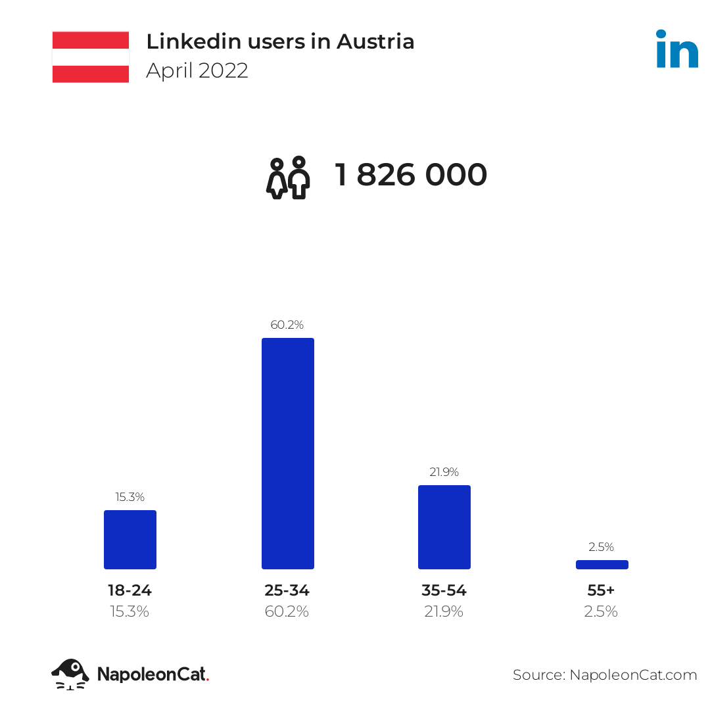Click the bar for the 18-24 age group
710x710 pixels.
point(130,539)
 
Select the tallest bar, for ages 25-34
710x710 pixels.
point(287,453)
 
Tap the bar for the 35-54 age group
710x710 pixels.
point(444,527)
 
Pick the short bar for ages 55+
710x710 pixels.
point(602,564)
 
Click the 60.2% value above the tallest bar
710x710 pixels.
point(287,325)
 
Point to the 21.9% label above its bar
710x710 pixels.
point(444,472)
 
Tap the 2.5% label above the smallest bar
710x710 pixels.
point(602,546)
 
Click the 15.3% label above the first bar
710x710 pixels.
point(130,497)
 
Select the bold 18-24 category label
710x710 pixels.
point(130,590)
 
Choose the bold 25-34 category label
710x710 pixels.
point(287,590)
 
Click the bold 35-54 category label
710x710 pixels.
point(444,590)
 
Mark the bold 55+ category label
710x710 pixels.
point(601,590)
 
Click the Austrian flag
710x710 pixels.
point(91,57)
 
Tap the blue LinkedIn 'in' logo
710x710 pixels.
point(677,49)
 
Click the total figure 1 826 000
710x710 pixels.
point(411,175)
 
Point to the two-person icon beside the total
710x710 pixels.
point(289,177)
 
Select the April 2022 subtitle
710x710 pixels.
point(197,70)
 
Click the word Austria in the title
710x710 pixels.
point(375,41)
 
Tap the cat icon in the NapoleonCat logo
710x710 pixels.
point(70,674)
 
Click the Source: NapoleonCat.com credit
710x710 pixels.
point(605,674)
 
